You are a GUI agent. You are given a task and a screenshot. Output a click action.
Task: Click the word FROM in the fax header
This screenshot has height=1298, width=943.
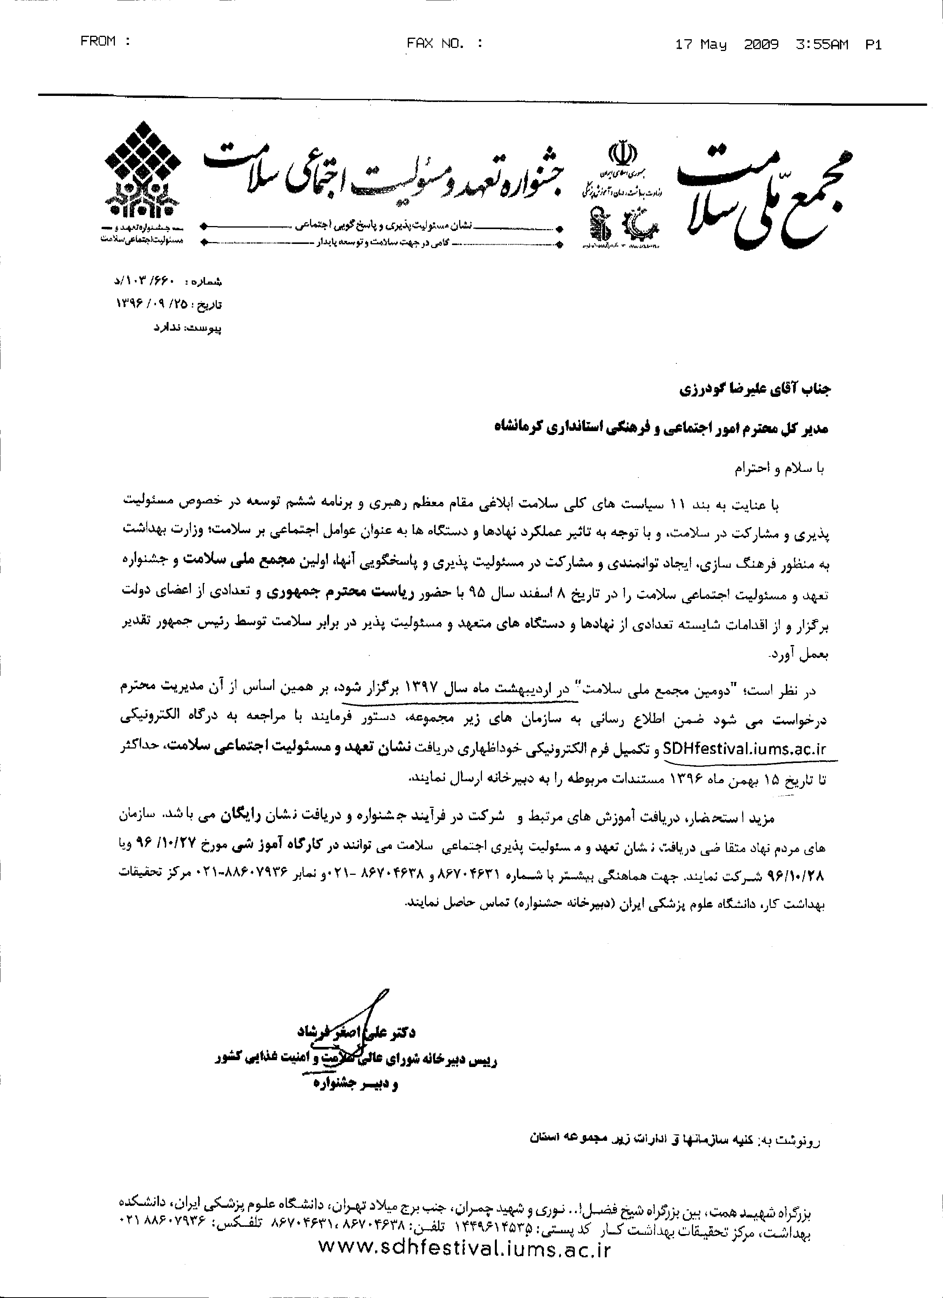(98, 41)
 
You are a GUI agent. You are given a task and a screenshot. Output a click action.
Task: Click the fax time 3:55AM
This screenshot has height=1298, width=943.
(822, 45)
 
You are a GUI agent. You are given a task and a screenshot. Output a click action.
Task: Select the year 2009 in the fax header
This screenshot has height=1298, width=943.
(761, 45)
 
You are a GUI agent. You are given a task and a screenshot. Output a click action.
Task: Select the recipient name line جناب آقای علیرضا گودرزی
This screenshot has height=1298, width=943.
(754, 390)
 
